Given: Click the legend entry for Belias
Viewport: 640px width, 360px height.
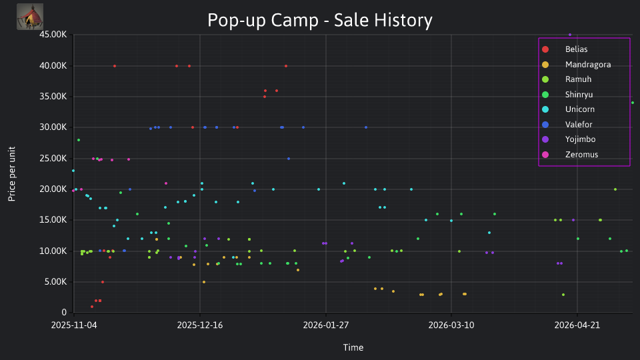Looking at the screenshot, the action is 576,49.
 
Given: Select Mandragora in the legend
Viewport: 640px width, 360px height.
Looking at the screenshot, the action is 588,65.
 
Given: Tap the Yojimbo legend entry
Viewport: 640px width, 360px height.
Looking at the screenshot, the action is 580,139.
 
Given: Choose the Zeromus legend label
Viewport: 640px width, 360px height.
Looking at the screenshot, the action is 581,154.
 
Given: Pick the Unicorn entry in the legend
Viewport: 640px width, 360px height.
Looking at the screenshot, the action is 579,109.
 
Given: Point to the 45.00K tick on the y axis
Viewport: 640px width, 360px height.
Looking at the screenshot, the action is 53,35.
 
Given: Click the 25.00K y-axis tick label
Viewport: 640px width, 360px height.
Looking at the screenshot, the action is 53,159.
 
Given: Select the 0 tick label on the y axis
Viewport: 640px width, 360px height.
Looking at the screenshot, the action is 64,312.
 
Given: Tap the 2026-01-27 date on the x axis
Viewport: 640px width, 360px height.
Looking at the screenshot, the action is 326,325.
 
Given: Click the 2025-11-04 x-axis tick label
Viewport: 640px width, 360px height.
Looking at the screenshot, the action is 74,325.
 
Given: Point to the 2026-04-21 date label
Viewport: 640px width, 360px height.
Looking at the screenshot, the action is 577,325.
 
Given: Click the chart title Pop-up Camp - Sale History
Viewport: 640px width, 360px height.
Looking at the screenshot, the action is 319,20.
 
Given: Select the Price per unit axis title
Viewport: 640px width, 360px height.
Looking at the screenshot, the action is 11,174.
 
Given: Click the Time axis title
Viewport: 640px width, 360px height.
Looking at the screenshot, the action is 353,347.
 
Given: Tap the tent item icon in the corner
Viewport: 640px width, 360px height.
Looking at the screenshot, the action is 30,17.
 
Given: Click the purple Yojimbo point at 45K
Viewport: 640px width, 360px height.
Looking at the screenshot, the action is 570,35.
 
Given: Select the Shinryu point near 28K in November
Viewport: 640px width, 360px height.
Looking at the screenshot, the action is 79,140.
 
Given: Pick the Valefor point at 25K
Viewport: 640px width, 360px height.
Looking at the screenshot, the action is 289,159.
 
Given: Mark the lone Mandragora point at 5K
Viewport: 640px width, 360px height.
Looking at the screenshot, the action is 204,282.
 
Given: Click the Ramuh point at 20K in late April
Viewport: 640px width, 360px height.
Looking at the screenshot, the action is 615,189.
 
